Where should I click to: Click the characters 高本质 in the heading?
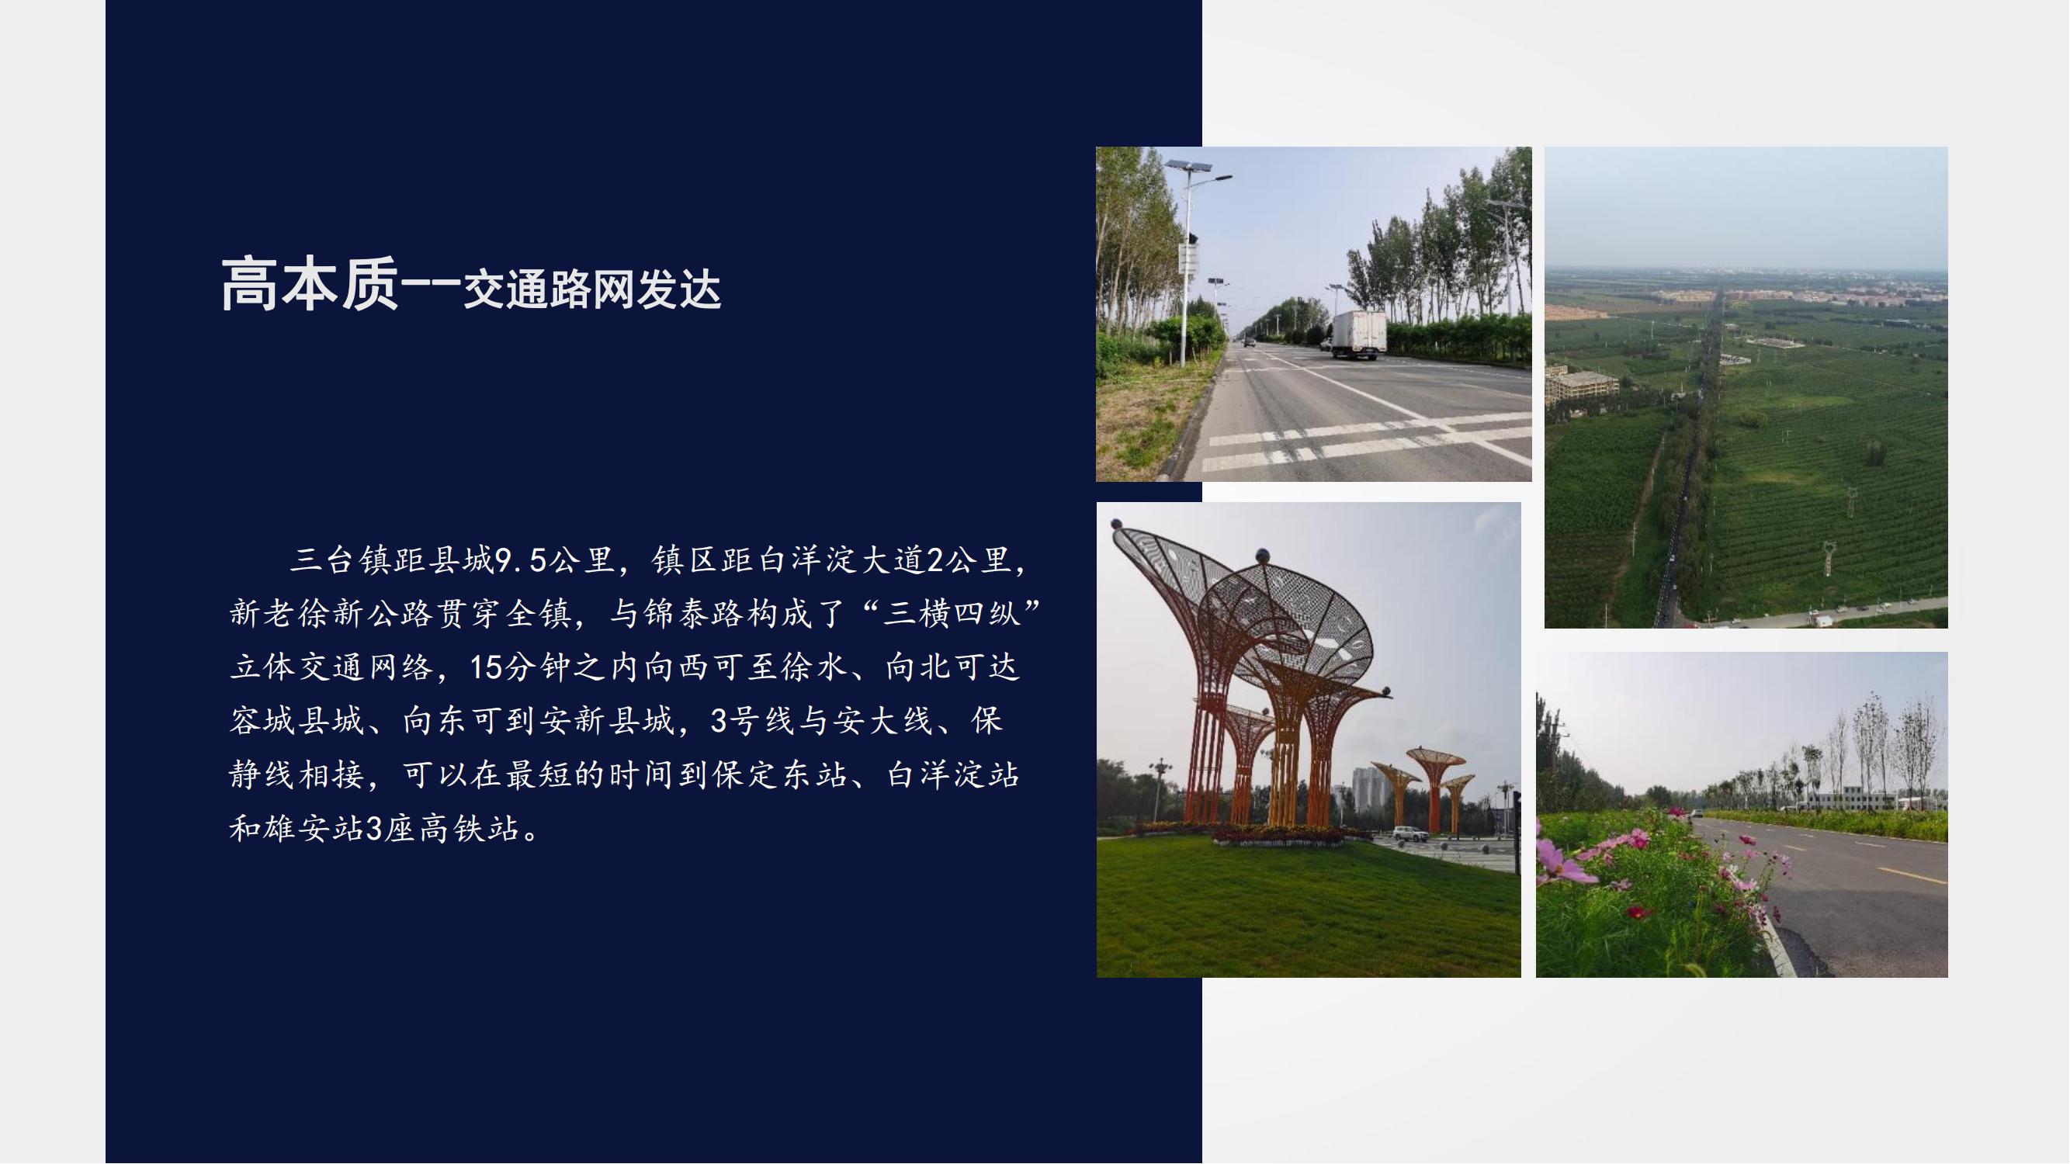(x=310, y=284)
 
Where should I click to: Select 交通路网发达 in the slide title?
(x=592, y=290)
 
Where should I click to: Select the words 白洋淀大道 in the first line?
(x=842, y=560)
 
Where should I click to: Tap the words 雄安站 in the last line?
(x=314, y=829)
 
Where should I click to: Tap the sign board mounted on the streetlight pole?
(x=1188, y=258)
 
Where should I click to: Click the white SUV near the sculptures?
(x=1410, y=834)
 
